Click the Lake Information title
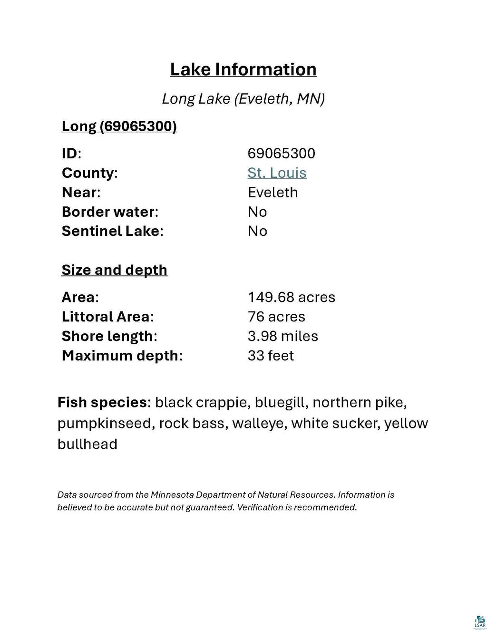tap(243, 69)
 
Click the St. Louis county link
tap(277, 173)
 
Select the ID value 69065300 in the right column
tap(281, 153)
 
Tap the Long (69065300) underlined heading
tap(119, 126)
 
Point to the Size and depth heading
tap(114, 270)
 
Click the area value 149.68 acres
tap(291, 298)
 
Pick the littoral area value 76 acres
tap(276, 317)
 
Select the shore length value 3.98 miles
tap(282, 336)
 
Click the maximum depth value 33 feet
tap(271, 356)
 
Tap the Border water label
tap(109, 212)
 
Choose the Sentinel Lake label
tap(112, 231)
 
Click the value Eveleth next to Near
tap(273, 193)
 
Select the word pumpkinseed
tap(104, 424)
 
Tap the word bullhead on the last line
tap(87, 444)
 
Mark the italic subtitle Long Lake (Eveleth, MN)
tap(243, 99)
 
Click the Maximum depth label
tap(121, 356)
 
